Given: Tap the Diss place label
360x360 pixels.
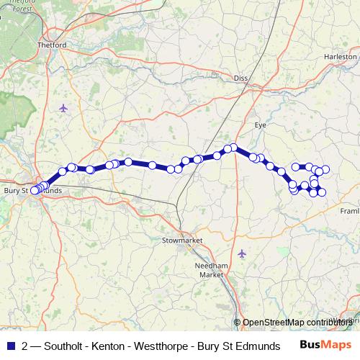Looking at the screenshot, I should coord(240,78).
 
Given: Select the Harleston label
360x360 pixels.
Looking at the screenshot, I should coord(341,56).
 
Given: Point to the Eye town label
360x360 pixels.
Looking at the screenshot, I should coord(261,125).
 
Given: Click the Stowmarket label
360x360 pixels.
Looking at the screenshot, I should coord(183,240).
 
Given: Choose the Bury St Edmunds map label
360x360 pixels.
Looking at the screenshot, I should coord(32,191).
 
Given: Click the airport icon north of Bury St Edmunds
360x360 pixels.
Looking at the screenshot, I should coord(63,109).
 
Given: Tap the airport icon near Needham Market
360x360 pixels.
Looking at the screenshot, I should coord(242,253).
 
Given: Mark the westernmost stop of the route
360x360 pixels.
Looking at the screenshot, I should coord(34,191).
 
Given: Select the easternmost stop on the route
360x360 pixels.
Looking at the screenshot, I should coord(325,169).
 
